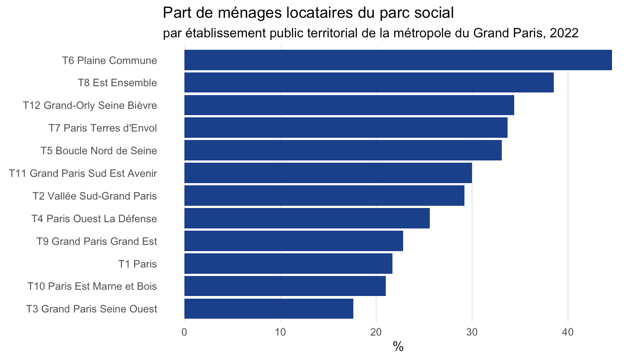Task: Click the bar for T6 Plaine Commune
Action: (398, 60)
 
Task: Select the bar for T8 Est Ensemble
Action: (369, 83)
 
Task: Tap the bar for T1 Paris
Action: (288, 264)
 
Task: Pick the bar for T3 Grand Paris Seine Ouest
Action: (268, 308)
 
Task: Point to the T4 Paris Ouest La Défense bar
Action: (307, 218)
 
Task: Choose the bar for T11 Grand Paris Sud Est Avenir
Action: (328, 173)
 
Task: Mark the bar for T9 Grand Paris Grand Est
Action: (294, 241)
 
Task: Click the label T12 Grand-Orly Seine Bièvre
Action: (90, 105)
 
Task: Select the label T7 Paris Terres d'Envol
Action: (103, 128)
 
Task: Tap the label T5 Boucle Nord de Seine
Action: (99, 151)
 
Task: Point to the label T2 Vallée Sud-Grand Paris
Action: (95, 196)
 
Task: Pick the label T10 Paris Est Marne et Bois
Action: (92, 286)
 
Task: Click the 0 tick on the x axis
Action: (184, 332)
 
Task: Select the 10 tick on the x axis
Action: (280, 332)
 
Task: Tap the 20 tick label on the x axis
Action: (376, 332)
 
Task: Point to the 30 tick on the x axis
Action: (472, 332)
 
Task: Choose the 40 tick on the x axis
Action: (568, 332)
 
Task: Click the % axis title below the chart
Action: (398, 347)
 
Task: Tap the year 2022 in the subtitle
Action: (564, 33)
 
